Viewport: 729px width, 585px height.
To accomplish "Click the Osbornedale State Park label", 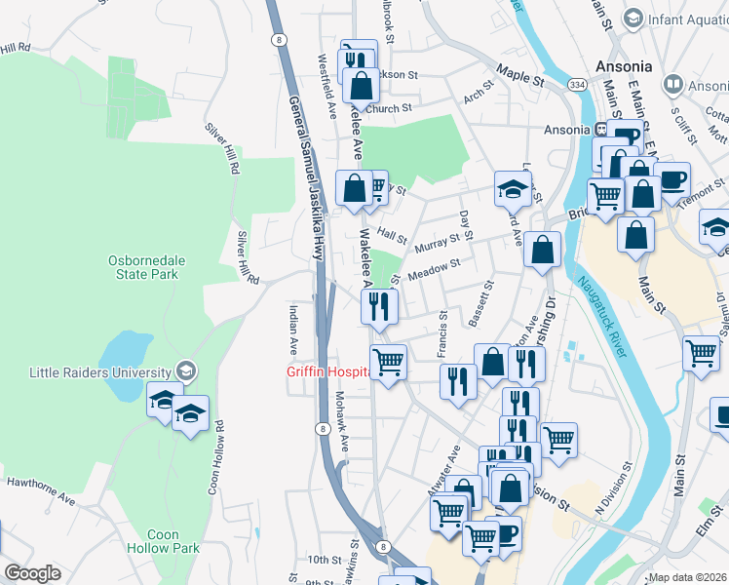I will (x=142, y=266).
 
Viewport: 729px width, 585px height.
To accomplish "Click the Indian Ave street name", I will (x=293, y=329).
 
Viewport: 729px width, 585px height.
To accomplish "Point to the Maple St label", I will (x=518, y=72).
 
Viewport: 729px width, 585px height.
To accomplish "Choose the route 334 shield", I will (x=578, y=86).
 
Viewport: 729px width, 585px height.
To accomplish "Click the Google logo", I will (x=32, y=573).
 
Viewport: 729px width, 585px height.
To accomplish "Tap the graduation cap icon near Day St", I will (x=513, y=188).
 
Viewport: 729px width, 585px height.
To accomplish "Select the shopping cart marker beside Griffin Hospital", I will (x=388, y=363).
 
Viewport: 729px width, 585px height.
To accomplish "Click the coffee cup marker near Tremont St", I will (x=671, y=180).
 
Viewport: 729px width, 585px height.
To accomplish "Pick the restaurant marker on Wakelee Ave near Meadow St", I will (x=379, y=306).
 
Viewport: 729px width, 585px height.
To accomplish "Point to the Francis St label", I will (x=441, y=331).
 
